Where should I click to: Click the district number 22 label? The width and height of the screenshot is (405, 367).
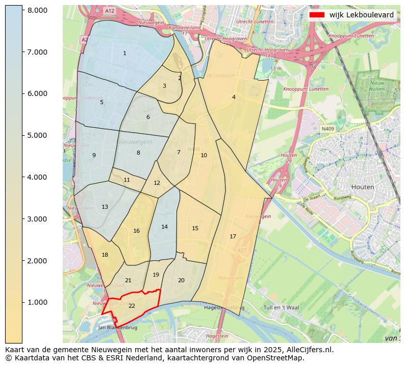(x=132, y=306)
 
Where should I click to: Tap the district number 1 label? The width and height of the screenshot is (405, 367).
(x=124, y=54)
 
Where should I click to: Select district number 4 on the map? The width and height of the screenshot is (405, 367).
(x=234, y=97)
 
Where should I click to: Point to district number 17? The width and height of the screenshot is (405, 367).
(x=233, y=236)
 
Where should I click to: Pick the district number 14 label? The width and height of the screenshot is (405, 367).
(x=164, y=227)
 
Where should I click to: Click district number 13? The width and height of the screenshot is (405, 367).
(x=105, y=207)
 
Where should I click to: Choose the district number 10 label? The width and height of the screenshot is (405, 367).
(x=204, y=155)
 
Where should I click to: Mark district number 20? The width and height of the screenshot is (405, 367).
(x=181, y=280)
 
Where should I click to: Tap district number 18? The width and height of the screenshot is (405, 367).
(x=105, y=255)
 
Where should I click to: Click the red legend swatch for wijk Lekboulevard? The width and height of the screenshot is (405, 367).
(x=317, y=15)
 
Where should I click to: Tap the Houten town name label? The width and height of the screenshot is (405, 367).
(x=363, y=187)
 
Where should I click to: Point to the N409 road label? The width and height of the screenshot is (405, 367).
(x=327, y=129)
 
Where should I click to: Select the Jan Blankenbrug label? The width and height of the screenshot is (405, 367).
(x=118, y=327)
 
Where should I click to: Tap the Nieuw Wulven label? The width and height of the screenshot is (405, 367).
(x=377, y=85)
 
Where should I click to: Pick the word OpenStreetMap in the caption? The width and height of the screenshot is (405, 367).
(x=280, y=358)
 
